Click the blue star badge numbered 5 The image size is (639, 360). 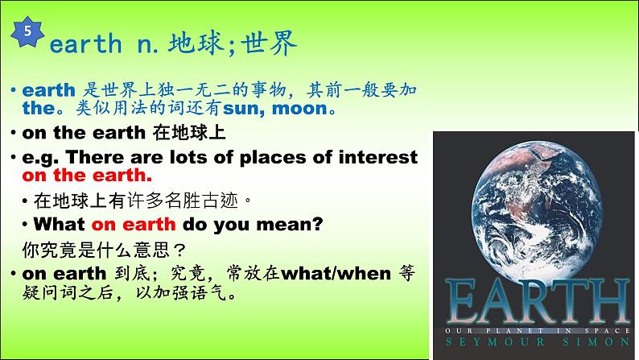(27, 31)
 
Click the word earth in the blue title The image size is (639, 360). (85, 43)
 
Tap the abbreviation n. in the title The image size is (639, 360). (147, 46)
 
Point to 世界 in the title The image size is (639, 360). (269, 43)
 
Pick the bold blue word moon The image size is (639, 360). (300, 109)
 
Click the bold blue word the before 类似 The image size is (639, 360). (39, 108)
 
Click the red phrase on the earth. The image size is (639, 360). (87, 176)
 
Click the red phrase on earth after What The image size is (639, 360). (134, 224)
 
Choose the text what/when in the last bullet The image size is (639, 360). (336, 274)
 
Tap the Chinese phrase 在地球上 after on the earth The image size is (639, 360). (189, 133)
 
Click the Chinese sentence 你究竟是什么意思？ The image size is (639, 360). (105, 250)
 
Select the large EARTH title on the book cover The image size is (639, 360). (537, 301)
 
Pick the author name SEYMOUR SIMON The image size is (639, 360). (538, 341)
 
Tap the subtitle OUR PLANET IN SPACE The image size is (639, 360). (538, 331)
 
